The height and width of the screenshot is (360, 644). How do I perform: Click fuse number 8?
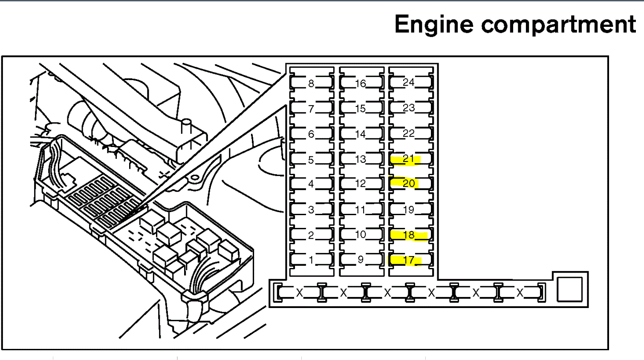click(311, 84)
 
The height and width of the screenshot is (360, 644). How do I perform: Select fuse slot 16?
click(361, 84)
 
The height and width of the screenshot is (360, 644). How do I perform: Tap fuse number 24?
click(409, 82)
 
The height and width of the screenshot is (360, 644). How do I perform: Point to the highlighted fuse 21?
click(409, 159)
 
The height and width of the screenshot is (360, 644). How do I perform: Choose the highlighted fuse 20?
click(409, 184)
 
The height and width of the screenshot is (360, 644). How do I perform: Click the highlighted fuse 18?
click(409, 235)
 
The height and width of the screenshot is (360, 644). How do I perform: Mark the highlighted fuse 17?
click(409, 260)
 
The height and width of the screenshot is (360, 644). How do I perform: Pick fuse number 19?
click(409, 210)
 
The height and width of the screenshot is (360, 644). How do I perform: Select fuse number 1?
click(311, 260)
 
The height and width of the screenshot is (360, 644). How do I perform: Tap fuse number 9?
click(361, 259)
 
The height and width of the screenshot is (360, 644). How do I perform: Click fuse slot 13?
click(361, 159)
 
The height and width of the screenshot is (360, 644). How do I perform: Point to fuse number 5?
click(311, 160)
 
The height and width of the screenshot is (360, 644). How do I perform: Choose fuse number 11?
click(361, 210)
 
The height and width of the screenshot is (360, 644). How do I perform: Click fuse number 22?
click(409, 133)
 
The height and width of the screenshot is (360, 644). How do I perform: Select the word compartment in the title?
click(559, 25)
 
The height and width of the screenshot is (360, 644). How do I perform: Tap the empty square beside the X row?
click(569, 289)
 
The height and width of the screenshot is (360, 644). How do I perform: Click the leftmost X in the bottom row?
click(300, 293)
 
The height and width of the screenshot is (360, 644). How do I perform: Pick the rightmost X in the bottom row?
click(520, 293)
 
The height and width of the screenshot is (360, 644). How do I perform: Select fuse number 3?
click(311, 210)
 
